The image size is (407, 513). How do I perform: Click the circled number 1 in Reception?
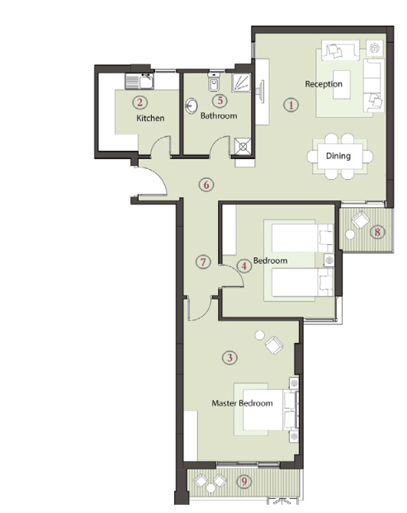coord(291,105)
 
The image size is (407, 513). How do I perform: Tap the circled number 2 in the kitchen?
coord(140,102)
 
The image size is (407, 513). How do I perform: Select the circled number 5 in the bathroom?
coord(220,101)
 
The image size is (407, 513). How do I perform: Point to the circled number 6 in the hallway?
coord(206,185)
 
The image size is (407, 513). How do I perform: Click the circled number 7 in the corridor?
coord(203,262)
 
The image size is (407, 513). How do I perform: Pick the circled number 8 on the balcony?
coord(377,233)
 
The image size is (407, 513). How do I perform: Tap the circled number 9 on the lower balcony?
coord(244,482)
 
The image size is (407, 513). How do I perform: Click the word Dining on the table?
coord(338,156)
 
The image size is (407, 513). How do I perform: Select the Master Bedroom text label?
coord(242,402)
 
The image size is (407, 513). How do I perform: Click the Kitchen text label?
coord(150,118)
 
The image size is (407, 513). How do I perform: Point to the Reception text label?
coord(324,84)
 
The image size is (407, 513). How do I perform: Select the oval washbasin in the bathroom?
coord(192,106)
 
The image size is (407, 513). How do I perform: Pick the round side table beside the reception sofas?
coord(374,48)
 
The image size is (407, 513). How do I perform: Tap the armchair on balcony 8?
coord(360,219)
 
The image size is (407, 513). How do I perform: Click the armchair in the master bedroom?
coord(274,345)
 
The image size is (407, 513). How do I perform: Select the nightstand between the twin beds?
coord(329,261)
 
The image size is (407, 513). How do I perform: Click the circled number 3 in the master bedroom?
coord(230,358)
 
